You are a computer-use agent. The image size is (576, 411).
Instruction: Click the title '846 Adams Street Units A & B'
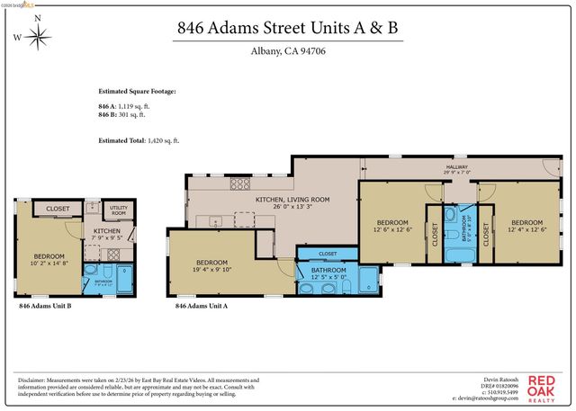(x=288, y=27)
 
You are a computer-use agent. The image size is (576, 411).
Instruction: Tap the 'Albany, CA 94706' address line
(x=288, y=50)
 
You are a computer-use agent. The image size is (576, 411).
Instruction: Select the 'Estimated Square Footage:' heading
(x=137, y=92)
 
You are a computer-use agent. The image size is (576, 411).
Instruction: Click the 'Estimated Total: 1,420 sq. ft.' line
(x=139, y=140)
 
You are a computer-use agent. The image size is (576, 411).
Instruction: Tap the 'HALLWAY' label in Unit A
(x=456, y=167)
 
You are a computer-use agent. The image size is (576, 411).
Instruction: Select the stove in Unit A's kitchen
(x=240, y=184)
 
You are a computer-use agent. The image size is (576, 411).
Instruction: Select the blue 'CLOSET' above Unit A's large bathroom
(x=328, y=254)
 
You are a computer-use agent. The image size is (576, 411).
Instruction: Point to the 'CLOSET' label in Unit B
(x=58, y=209)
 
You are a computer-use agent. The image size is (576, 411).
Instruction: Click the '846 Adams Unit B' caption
(x=45, y=307)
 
